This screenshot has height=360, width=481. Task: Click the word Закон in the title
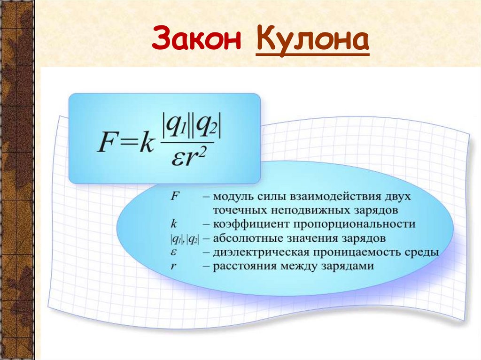tap(197, 40)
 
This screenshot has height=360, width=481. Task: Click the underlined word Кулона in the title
tap(312, 41)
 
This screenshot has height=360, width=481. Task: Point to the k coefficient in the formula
tap(147, 144)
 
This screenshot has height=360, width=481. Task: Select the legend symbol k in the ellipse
tap(173, 224)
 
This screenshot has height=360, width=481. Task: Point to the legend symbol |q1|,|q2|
tap(184, 239)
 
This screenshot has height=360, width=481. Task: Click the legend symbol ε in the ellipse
tap(173, 253)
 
